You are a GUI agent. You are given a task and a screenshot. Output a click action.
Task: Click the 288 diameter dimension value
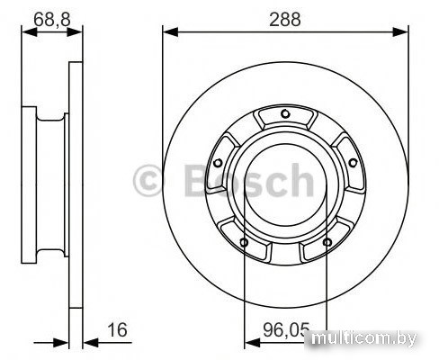pos(284,20)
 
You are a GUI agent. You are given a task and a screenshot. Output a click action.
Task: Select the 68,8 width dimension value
pos(52,20)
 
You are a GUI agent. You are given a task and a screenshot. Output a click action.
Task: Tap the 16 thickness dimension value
pos(117,329)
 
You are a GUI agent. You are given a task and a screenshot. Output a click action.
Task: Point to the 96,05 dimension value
pos(286,330)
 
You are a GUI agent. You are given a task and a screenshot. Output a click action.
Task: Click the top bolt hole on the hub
pos(285,113)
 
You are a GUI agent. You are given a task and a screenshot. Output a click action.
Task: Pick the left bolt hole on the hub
pos(218,163)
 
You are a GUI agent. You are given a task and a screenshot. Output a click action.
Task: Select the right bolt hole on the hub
pos(354,163)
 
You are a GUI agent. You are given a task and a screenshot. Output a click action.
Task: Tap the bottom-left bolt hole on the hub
pos(244,242)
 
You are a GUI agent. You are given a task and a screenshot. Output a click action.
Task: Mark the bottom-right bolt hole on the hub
pos(327,242)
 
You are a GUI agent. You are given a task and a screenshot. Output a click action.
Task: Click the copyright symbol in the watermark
pos(148,181)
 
